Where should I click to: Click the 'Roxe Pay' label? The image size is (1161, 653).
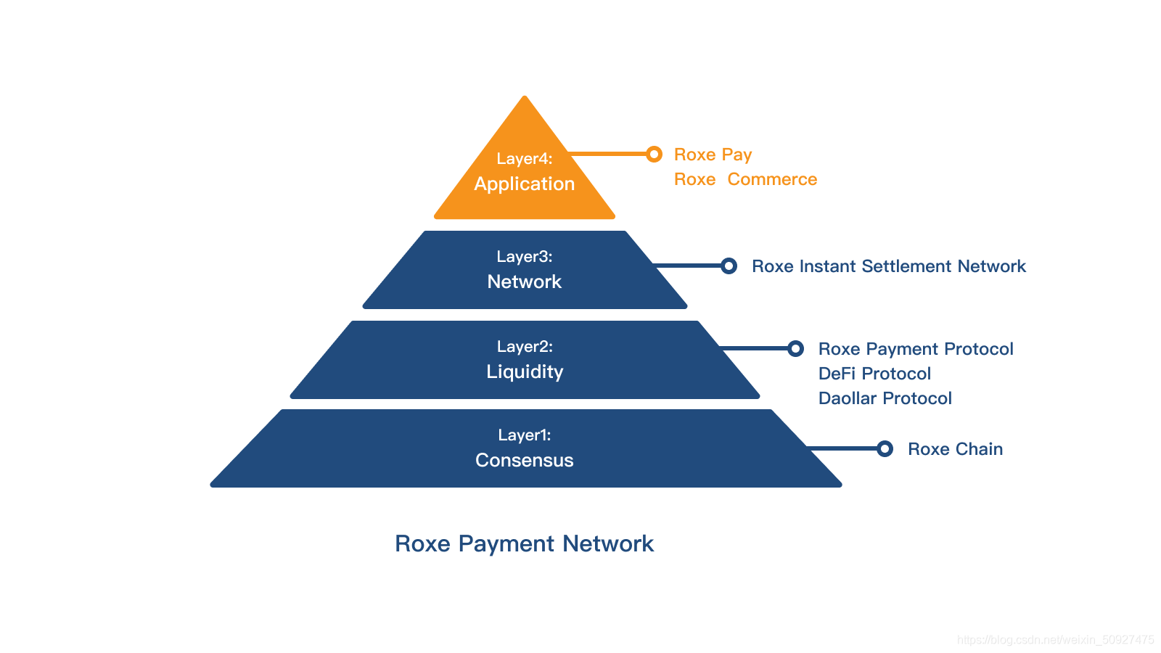[x=713, y=155]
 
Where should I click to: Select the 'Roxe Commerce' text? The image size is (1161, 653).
[x=745, y=179]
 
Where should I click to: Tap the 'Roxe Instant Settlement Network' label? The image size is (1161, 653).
[x=888, y=266]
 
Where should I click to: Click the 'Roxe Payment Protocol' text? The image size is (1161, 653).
[x=915, y=349]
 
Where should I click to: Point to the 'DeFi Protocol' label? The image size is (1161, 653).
[x=874, y=374]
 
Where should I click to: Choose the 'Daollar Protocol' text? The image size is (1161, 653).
[x=885, y=398]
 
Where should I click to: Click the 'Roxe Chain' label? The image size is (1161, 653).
[x=955, y=449]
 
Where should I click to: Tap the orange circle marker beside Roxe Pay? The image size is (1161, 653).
[x=654, y=154]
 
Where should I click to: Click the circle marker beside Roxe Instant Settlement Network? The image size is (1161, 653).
[x=729, y=266]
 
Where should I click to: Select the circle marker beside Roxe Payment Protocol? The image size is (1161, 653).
[x=795, y=348]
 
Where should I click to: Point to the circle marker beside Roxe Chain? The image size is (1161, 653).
[x=885, y=448]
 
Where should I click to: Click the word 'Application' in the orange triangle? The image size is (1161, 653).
[x=524, y=184]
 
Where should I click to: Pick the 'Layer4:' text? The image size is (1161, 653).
[x=524, y=159]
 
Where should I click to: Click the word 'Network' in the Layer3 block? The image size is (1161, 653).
[x=524, y=282]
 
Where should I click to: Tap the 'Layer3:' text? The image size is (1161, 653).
[x=524, y=257]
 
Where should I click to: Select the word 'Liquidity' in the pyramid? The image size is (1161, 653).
[x=524, y=371]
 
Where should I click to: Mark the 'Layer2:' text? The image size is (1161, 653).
[x=524, y=347]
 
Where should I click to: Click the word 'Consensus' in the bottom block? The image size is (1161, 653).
[x=524, y=460]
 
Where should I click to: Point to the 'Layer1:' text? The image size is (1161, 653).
[x=524, y=435]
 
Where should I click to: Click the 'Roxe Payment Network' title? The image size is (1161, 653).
[x=524, y=543]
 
